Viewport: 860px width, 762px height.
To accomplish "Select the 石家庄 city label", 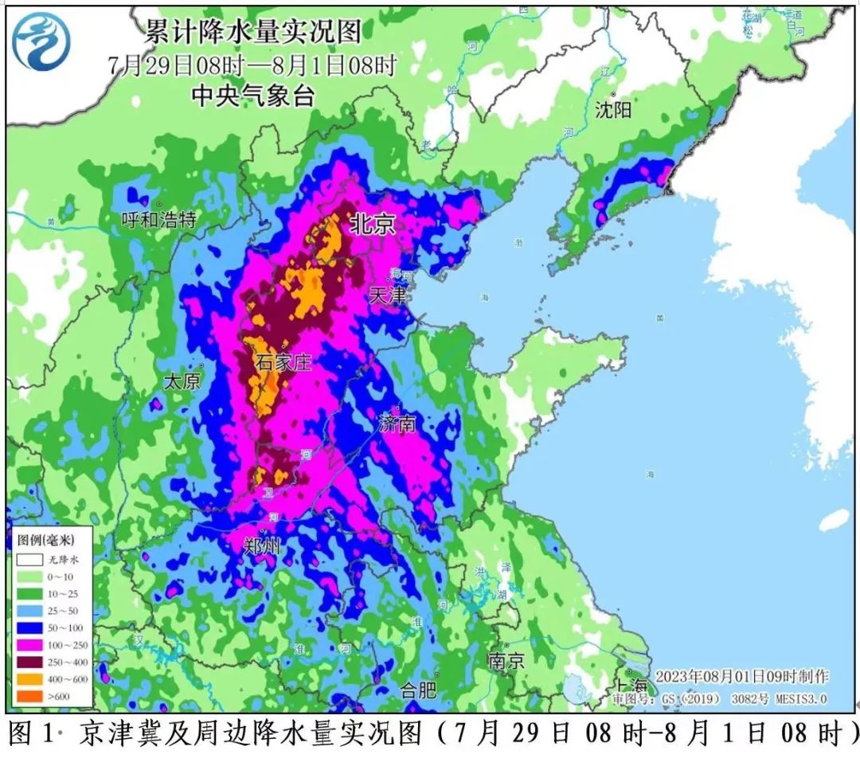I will coord(283,363).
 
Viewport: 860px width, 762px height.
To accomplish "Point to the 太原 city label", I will coord(181,381).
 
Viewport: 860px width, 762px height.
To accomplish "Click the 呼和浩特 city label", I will coord(158,220).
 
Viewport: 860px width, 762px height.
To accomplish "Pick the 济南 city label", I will coord(397,423).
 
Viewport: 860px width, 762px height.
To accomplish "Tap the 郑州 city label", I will coord(262,546).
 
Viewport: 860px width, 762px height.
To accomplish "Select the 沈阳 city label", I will coord(613,110).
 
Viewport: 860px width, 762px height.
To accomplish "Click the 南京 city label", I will coord(506,660).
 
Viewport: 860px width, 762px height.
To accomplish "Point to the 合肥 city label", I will coord(418,690).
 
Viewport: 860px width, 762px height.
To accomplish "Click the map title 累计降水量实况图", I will coord(252,33).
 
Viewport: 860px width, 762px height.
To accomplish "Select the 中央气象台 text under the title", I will coord(253,96).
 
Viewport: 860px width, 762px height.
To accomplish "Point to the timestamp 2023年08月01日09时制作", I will coord(741,676).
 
